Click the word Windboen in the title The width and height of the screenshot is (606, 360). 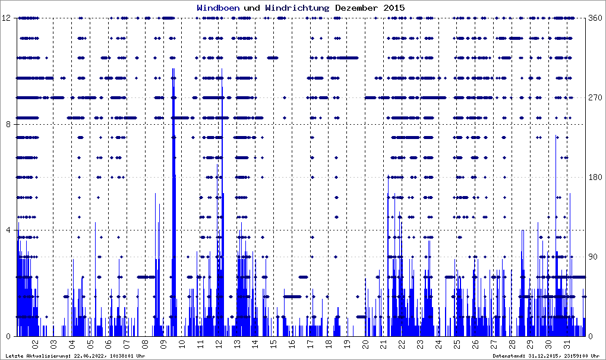(218, 8)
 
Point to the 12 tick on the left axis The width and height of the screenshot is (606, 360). (8, 18)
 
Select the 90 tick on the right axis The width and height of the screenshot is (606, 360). (592, 257)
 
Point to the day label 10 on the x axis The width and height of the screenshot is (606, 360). (182, 344)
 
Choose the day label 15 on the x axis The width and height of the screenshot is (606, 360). (273, 344)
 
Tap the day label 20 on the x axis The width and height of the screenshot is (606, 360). (365, 344)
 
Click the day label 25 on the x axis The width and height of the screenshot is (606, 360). (457, 344)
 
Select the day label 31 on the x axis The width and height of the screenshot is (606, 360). (567, 344)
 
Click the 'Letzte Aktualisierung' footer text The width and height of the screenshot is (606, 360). (74, 356)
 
